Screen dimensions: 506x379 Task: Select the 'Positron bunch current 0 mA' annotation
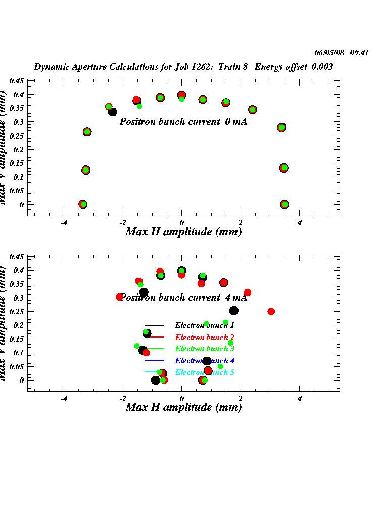[183, 122]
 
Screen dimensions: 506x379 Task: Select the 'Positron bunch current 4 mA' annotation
[183, 298]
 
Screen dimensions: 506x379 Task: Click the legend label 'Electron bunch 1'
[205, 325]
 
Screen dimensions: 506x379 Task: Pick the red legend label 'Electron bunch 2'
[205, 337]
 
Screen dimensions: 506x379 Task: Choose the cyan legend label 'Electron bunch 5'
[205, 372]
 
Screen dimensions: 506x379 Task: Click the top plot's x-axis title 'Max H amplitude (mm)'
[183, 232]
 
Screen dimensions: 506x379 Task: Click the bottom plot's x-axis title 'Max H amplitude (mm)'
[183, 407]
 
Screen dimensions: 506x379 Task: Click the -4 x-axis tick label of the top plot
[64, 223]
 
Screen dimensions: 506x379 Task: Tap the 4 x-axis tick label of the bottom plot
[300, 398]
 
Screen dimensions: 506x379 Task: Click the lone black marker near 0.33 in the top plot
[113, 112]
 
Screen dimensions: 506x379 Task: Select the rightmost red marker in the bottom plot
[271, 312]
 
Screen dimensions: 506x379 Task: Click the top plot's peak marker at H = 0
[182, 95]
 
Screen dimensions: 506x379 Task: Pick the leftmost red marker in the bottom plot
[120, 297]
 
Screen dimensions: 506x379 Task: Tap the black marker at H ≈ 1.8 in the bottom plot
[234, 311]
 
